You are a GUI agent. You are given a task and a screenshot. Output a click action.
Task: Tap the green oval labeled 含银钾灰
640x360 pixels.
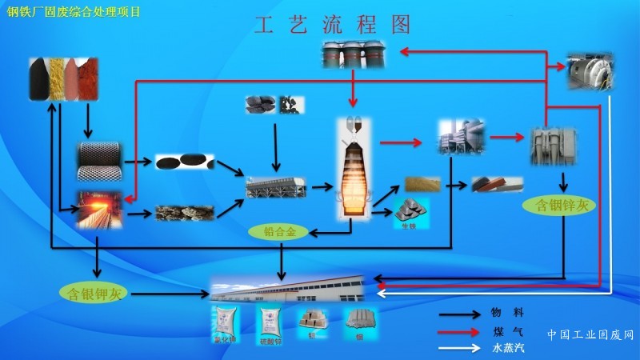[x=95, y=293]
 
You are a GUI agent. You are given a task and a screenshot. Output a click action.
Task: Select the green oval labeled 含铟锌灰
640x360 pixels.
[x=560, y=206]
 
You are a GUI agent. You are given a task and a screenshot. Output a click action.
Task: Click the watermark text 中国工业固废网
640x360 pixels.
[x=590, y=334]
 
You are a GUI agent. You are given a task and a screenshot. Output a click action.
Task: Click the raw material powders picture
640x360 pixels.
[x=63, y=78]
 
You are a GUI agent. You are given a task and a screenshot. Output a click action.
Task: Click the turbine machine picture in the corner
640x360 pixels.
[x=590, y=72]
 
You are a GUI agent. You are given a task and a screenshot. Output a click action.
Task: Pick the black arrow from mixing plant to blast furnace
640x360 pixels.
[x=322, y=187]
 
